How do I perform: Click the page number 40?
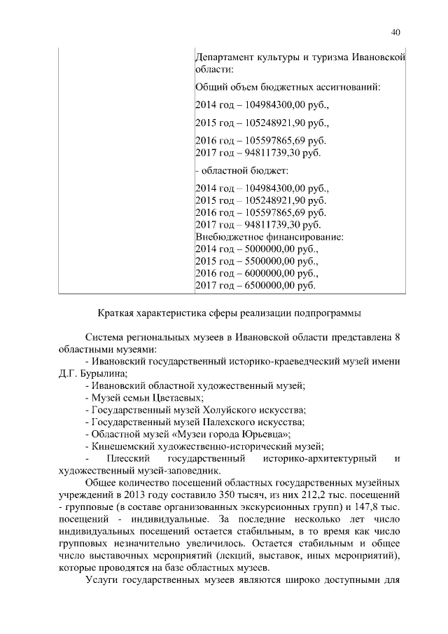click(395, 32)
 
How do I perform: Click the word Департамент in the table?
click(223, 57)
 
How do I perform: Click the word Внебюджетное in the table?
click(226, 237)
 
